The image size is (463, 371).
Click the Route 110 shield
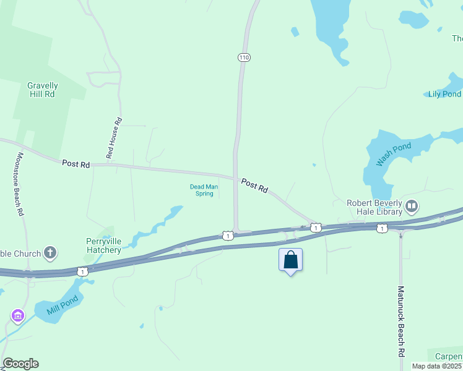pyautogui.click(x=244, y=58)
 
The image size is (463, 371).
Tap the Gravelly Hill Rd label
pyautogui.click(x=43, y=90)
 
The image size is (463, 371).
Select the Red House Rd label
pyautogui.click(x=115, y=139)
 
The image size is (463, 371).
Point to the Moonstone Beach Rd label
pyautogui.click(x=20, y=184)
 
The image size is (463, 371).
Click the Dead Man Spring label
pyautogui.click(x=201, y=190)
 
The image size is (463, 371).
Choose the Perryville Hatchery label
pyautogui.click(x=103, y=245)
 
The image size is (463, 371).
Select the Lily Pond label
pyautogui.click(x=444, y=94)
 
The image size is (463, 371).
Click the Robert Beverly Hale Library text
pyautogui.click(x=374, y=207)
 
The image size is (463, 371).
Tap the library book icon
pyautogui.click(x=412, y=205)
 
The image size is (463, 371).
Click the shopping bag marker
pyautogui.click(x=290, y=260)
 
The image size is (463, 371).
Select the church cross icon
pyautogui.click(x=50, y=252)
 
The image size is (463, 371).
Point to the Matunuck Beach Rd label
pyautogui.click(x=401, y=321)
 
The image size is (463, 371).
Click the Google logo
pyautogui.click(x=20, y=364)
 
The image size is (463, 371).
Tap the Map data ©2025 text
pyautogui.click(x=437, y=366)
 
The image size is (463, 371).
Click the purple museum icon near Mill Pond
pyautogui.click(x=17, y=317)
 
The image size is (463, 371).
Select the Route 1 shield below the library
pyautogui.click(x=381, y=229)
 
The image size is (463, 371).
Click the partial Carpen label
pyautogui.click(x=448, y=357)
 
